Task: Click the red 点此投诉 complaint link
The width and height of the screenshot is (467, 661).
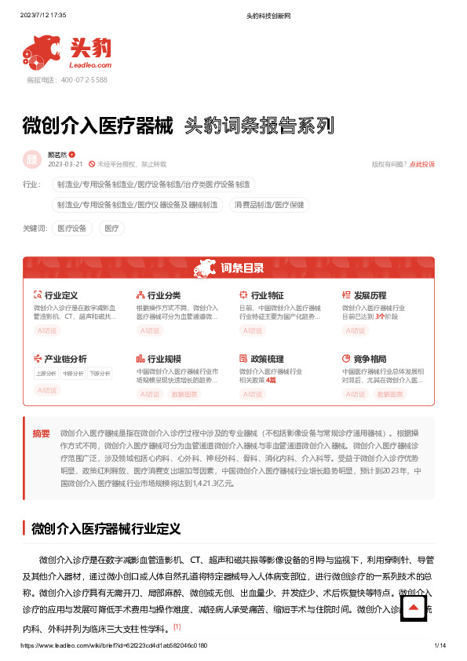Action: coord(422,164)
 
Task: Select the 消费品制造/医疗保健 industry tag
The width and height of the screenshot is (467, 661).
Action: coord(269,205)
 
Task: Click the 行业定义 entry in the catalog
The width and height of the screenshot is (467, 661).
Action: coord(60,296)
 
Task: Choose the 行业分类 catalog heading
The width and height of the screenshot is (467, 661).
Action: coord(164,296)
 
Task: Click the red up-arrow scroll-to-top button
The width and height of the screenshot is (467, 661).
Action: coord(414,608)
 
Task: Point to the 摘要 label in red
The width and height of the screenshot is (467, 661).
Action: coord(41,433)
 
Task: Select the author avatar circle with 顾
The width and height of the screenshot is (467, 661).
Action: coord(32,159)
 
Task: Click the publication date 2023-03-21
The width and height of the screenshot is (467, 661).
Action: coord(65,164)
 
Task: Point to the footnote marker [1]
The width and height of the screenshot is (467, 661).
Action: coord(177,626)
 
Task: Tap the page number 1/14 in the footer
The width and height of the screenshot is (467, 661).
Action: coord(440,645)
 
